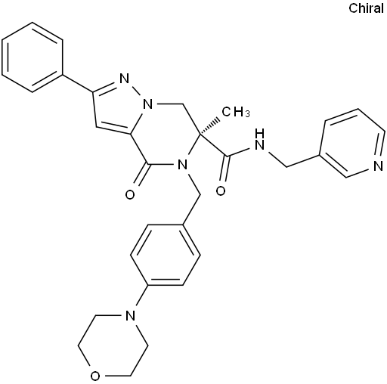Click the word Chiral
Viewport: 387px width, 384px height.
point(366,8)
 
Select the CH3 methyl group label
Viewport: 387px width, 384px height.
point(236,112)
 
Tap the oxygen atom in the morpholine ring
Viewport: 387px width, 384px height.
point(95,376)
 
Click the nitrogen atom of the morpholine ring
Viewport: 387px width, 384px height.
point(130,315)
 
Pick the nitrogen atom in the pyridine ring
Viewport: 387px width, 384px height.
point(378,166)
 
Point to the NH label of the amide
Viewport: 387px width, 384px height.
point(260,139)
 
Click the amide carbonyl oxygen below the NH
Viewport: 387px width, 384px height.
point(221,191)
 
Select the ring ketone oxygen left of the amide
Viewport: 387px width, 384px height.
point(130,194)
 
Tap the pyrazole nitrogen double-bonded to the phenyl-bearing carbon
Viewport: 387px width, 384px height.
point(124,79)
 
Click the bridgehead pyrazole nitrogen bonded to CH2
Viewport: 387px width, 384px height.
point(148,104)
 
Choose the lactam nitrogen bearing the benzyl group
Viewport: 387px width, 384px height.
point(182,165)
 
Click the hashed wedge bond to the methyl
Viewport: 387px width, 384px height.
point(209,123)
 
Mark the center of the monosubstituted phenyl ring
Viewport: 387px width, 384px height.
point(32,57)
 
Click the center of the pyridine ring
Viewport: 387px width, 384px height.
point(354,143)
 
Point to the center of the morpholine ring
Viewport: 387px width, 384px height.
point(113,345)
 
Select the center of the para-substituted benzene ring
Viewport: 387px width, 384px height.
point(166,255)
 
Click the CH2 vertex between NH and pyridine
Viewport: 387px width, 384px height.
point(286,166)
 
